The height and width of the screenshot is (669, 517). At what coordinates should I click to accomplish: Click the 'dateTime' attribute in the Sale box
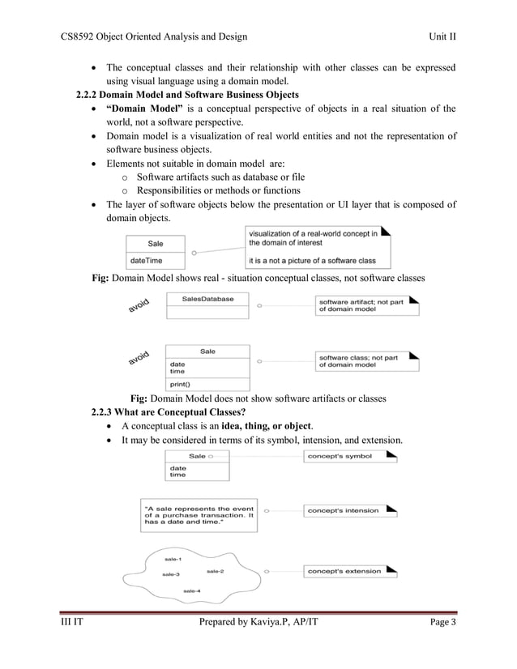tap(146, 260)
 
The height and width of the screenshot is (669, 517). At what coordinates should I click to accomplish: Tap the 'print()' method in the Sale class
tap(181, 384)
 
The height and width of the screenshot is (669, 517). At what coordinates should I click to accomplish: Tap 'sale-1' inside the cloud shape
tap(172, 560)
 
